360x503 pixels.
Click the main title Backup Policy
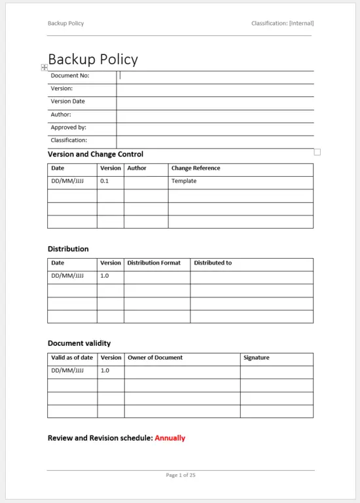(93, 60)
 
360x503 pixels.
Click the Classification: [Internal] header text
(281, 24)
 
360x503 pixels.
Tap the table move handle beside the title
(44, 67)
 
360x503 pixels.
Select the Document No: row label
(70, 76)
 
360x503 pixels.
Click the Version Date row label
(67, 102)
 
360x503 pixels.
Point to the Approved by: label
(68, 128)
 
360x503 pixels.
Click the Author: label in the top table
(61, 115)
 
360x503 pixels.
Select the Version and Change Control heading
(96, 155)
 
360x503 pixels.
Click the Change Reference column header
(196, 168)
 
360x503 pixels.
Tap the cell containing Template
(184, 181)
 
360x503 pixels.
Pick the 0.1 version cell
(105, 181)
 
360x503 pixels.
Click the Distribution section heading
(68, 249)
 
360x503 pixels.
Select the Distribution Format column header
(154, 263)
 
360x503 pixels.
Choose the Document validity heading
(79, 343)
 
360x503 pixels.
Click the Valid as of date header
(72, 358)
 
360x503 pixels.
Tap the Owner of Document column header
(155, 358)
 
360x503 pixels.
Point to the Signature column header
(256, 358)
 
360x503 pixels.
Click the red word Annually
(170, 438)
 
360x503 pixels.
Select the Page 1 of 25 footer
(181, 475)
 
